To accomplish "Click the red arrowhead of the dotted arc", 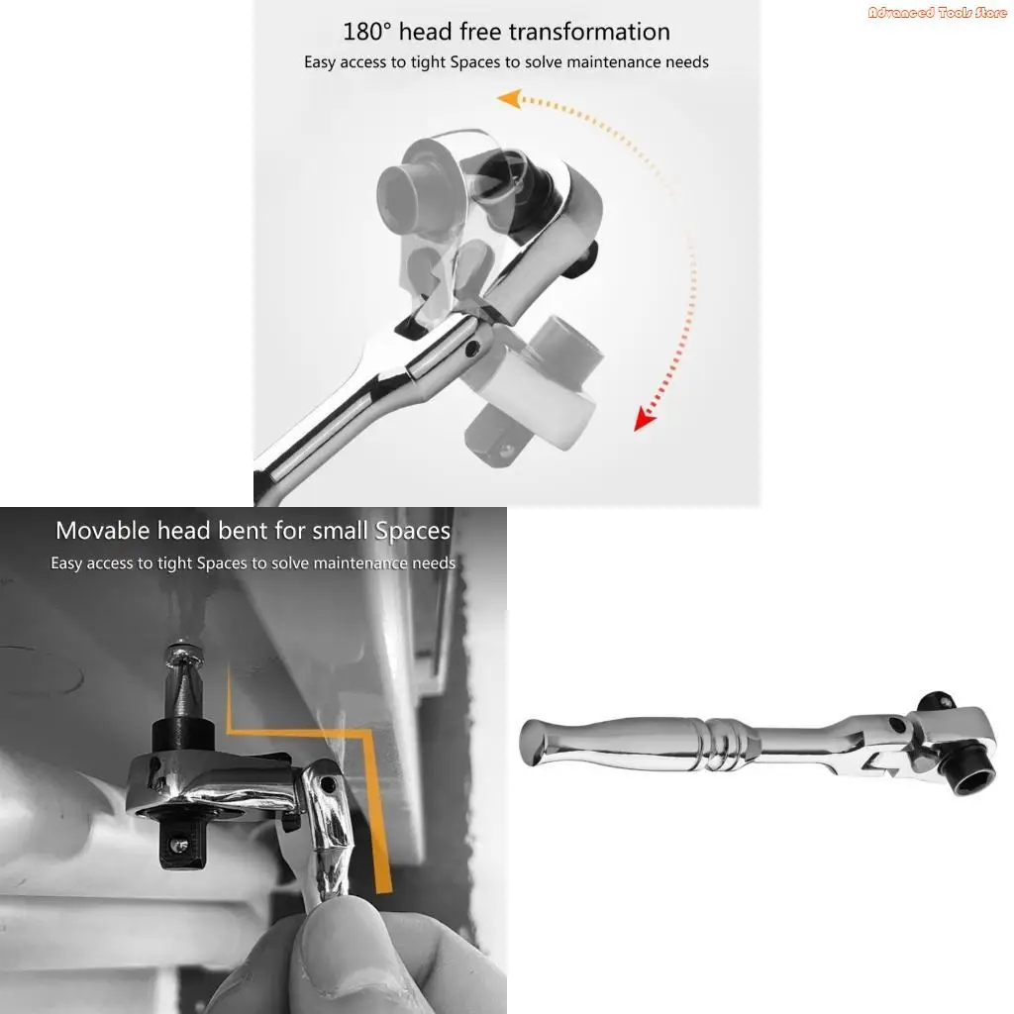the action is [x=644, y=419].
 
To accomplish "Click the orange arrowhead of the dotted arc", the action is [x=510, y=99].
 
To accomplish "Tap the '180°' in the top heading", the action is [x=367, y=32].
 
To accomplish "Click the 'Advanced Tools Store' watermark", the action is [x=937, y=12].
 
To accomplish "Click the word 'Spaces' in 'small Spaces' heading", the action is [x=413, y=532].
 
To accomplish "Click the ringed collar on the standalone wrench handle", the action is [x=724, y=745].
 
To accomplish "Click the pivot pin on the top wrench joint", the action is [x=472, y=349].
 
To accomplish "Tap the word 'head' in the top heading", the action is [x=426, y=32].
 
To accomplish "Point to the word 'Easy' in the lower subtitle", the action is [x=66, y=563].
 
